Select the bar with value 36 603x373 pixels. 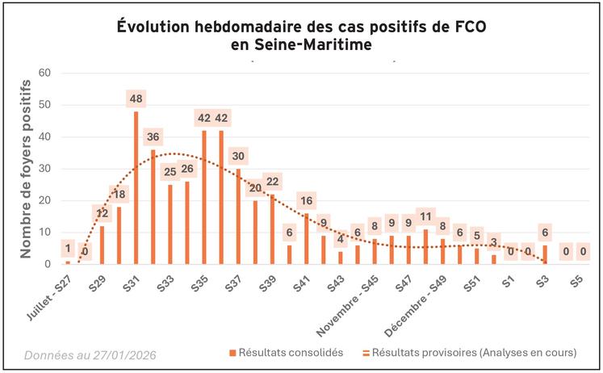[x=153, y=207]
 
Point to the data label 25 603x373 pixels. [x=170, y=170]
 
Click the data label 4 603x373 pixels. [x=341, y=239]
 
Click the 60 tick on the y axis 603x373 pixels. [x=44, y=73]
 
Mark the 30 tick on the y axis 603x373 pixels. [x=44, y=169]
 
